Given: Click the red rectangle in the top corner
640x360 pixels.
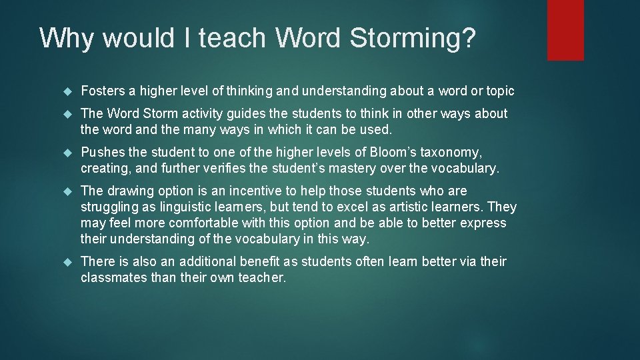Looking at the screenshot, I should [x=565, y=30].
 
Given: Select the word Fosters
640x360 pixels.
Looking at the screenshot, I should [x=102, y=91].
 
